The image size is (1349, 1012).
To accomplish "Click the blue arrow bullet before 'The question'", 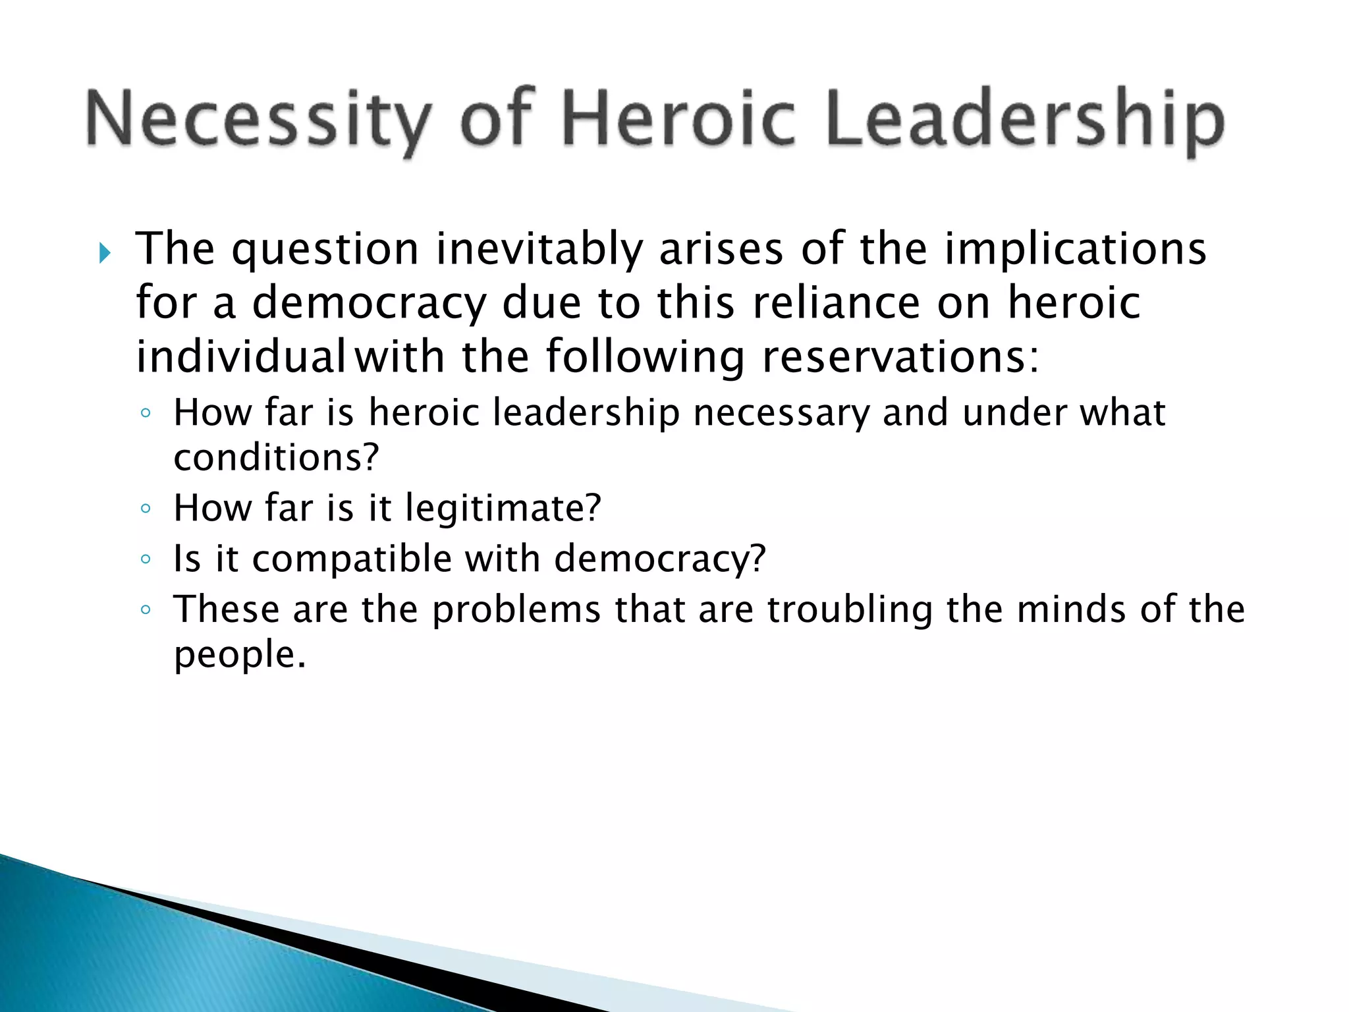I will (x=105, y=252).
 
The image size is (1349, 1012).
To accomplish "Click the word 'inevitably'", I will (x=539, y=250).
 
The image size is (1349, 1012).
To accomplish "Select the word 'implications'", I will (x=1076, y=251).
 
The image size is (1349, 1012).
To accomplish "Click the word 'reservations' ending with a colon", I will (x=900, y=358).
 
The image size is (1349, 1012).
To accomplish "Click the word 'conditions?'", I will (x=277, y=457).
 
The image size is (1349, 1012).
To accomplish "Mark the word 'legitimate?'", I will (x=503, y=509).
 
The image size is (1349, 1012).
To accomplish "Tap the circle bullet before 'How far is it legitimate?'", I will (x=146, y=509).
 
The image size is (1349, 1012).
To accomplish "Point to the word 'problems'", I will (x=516, y=611).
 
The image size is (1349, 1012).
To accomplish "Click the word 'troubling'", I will (x=850, y=611).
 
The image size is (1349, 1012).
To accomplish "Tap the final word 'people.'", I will (x=240, y=655).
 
